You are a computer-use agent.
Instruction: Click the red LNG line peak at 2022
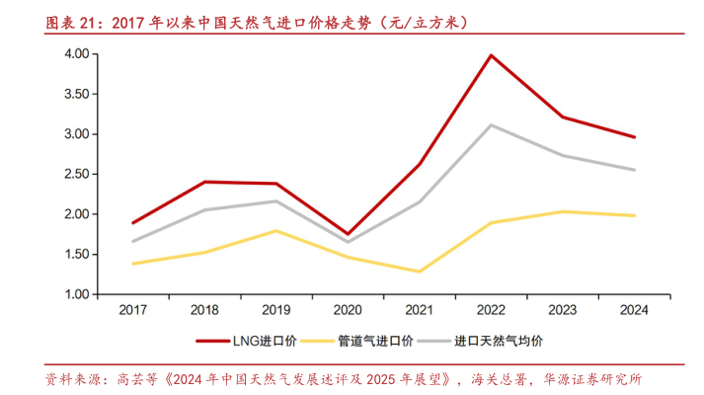(491, 55)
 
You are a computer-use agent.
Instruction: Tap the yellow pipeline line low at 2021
(420, 272)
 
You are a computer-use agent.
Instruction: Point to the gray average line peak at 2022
(491, 125)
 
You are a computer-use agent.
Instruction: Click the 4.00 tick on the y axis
(78, 54)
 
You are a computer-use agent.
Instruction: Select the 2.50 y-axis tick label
(78, 174)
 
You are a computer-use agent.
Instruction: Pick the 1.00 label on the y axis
(78, 294)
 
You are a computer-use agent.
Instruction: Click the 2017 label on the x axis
(132, 310)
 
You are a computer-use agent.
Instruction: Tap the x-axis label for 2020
(348, 310)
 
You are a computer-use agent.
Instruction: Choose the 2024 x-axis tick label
(634, 310)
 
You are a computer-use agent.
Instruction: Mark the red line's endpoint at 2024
(634, 137)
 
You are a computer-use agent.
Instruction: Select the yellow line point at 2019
(276, 231)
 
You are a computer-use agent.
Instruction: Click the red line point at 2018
(204, 182)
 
